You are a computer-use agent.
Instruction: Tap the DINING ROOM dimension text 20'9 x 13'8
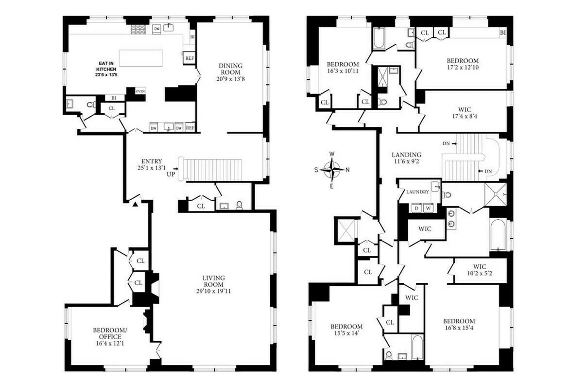(x=230, y=79)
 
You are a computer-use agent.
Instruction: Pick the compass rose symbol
(x=332, y=169)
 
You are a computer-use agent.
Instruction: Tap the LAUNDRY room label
(x=417, y=192)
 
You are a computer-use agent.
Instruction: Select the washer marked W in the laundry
(x=428, y=208)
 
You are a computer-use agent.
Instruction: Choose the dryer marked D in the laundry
(x=416, y=208)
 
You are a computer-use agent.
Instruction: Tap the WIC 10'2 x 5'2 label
(x=479, y=270)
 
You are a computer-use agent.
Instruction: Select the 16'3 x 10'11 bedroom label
(x=343, y=68)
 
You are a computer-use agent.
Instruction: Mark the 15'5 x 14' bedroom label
(x=346, y=330)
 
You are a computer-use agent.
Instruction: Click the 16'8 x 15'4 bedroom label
(x=459, y=325)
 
